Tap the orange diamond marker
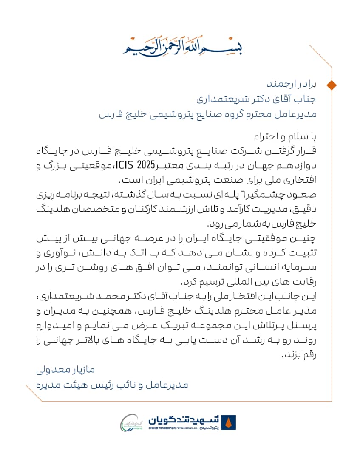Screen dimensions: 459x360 [332, 84]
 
